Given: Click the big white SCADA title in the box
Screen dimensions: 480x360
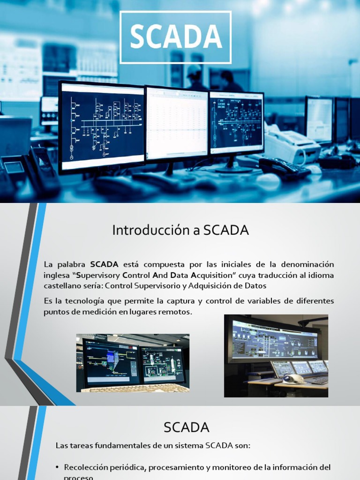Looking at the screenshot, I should pyautogui.click(x=175, y=37).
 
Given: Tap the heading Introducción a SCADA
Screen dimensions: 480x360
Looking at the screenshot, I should pyautogui.click(x=180, y=230).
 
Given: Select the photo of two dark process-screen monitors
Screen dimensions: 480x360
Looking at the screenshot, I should pyautogui.click(x=133, y=363).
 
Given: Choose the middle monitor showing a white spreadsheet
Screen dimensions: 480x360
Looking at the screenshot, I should pyautogui.click(x=177, y=123).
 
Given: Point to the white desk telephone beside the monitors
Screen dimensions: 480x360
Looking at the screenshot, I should pyautogui.click(x=291, y=143).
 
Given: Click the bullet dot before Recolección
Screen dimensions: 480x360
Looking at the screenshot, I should pyautogui.click(x=57, y=468).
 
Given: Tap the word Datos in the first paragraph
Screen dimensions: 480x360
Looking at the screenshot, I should pyautogui.click(x=256, y=285).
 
